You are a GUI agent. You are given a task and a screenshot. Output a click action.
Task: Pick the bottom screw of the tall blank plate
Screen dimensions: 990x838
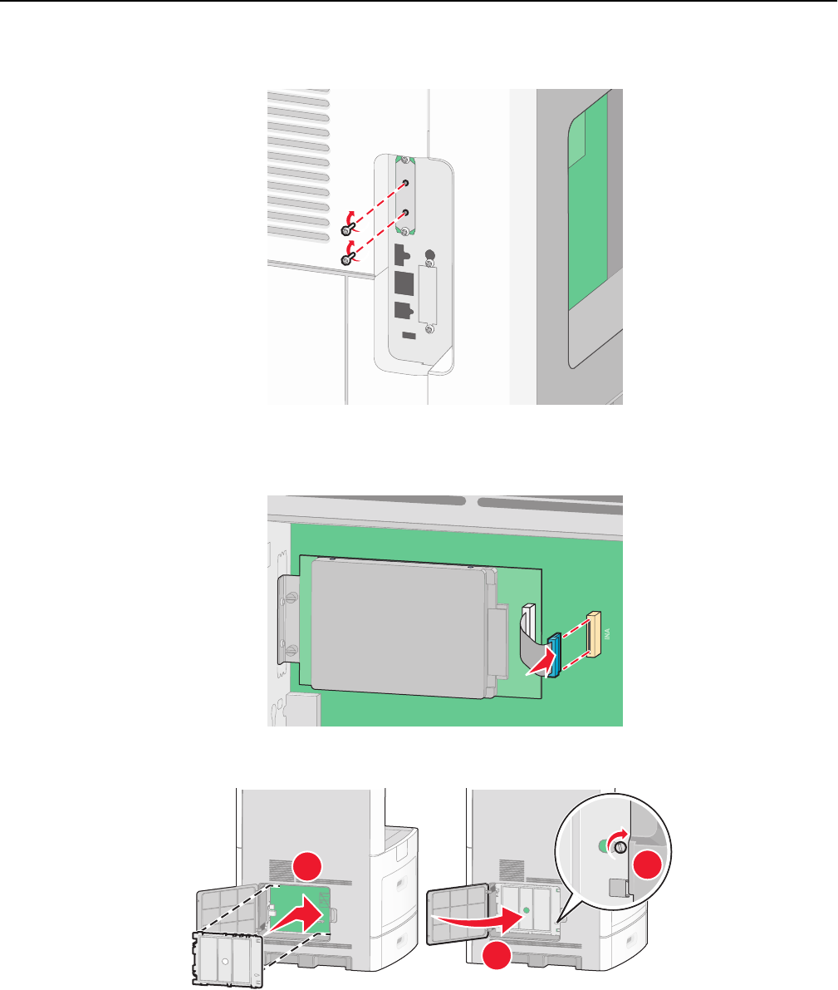429,330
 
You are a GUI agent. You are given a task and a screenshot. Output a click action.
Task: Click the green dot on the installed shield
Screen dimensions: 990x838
525,911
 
